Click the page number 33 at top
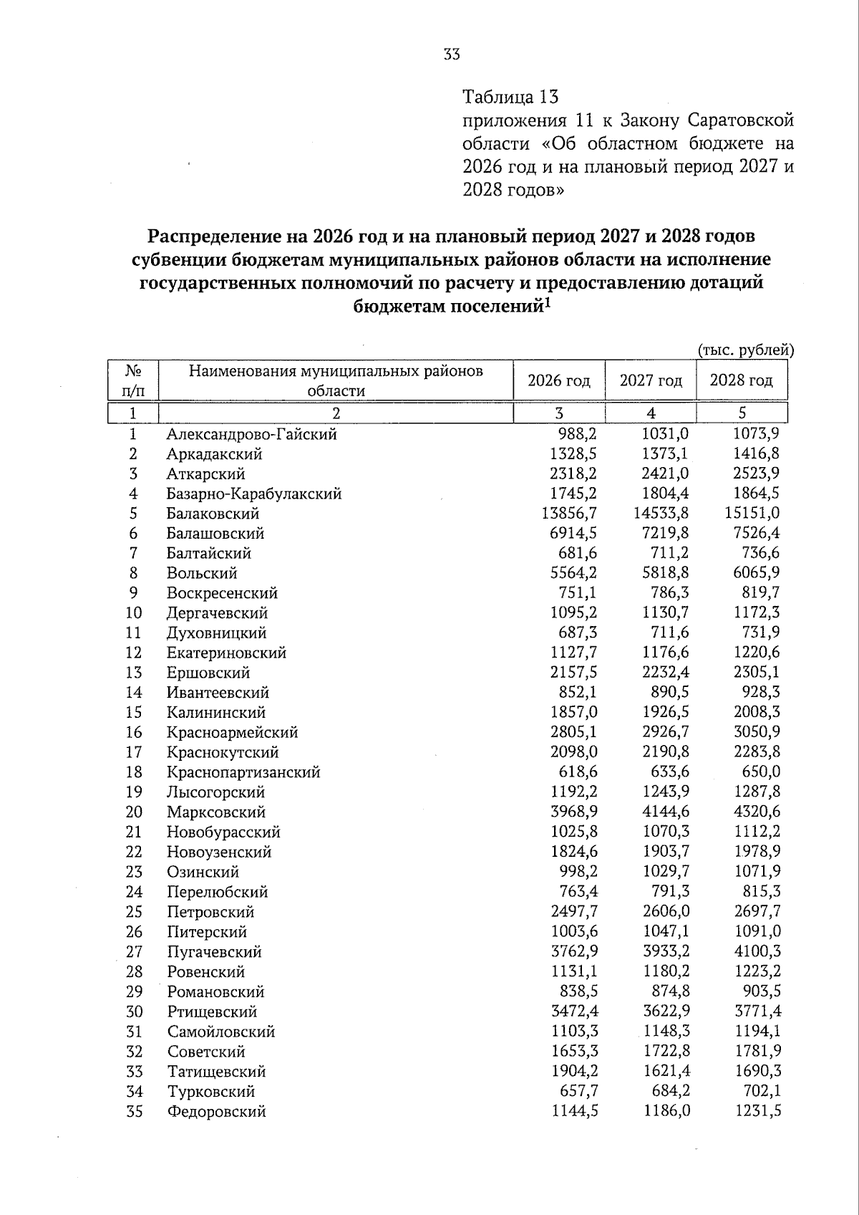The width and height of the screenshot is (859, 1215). point(452,54)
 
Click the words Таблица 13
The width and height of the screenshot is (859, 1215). point(510,96)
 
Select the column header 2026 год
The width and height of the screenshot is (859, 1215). point(559,380)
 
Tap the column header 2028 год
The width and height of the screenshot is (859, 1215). point(741,380)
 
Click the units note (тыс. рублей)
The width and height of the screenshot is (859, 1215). point(746,350)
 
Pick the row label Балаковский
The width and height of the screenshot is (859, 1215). point(213,514)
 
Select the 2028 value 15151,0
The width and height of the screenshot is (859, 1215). point(747,514)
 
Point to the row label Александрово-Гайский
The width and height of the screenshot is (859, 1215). point(251,434)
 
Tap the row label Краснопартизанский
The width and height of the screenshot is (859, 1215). point(243,772)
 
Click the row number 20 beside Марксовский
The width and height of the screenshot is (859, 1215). point(134,812)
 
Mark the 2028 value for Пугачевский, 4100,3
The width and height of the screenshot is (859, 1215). point(757,952)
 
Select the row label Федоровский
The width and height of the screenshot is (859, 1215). point(216,1112)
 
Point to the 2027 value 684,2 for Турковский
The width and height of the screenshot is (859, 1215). point(670,1092)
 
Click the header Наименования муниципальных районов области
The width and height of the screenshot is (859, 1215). point(336,380)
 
